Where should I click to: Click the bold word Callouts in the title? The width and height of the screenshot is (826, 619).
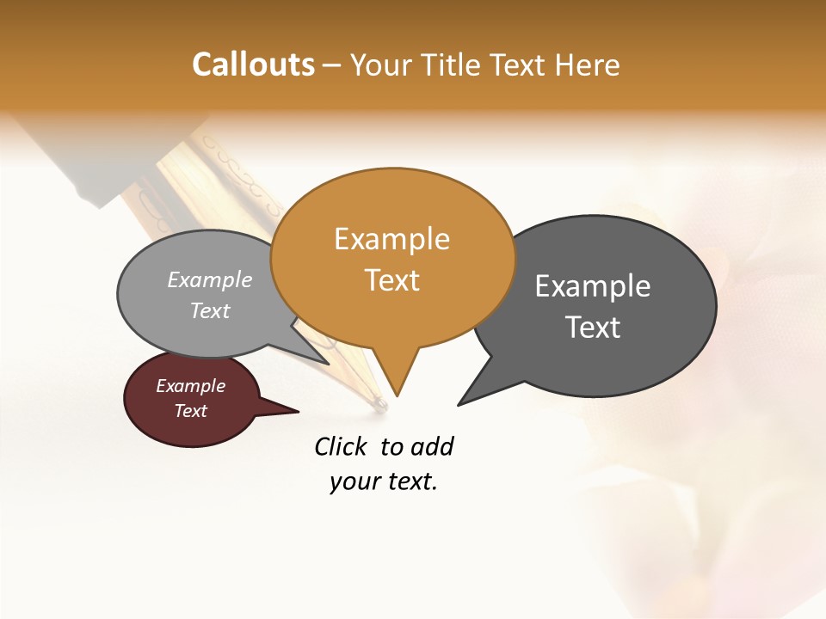(x=253, y=64)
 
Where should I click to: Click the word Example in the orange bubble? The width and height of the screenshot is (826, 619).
(x=391, y=239)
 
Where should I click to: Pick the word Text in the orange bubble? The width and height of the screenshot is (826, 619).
(x=391, y=280)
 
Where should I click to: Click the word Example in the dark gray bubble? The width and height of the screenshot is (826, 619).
(x=593, y=286)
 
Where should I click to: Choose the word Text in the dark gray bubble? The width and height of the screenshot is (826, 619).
(x=593, y=328)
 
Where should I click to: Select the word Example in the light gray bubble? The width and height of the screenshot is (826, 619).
(x=210, y=280)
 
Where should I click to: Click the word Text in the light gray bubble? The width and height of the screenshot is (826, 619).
(x=210, y=310)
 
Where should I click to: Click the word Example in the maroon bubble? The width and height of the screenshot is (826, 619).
(x=191, y=386)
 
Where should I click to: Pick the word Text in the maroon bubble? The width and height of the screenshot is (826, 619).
(x=191, y=411)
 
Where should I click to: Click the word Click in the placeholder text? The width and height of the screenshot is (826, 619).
(x=342, y=446)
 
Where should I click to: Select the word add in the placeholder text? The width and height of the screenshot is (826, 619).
(x=433, y=446)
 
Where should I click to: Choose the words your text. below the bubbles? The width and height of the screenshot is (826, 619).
(x=384, y=481)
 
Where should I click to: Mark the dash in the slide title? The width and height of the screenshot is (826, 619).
(x=333, y=65)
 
